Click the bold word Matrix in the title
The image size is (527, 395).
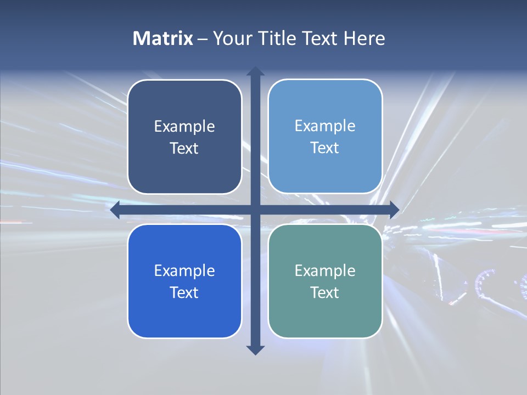click(x=162, y=38)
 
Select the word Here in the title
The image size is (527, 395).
click(x=364, y=38)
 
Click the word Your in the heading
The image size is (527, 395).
click(x=231, y=38)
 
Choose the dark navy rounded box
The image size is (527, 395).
click(x=184, y=165)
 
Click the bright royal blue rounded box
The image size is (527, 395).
click(x=184, y=313)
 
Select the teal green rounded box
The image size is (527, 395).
click(x=325, y=313)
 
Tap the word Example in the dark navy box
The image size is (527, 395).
click(x=184, y=127)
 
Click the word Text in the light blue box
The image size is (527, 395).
click(x=325, y=148)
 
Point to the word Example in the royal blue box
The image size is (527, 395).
click(x=184, y=271)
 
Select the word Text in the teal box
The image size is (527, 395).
click(x=325, y=292)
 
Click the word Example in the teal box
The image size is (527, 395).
click(x=325, y=270)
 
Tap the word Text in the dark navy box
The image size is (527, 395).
click(x=184, y=149)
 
